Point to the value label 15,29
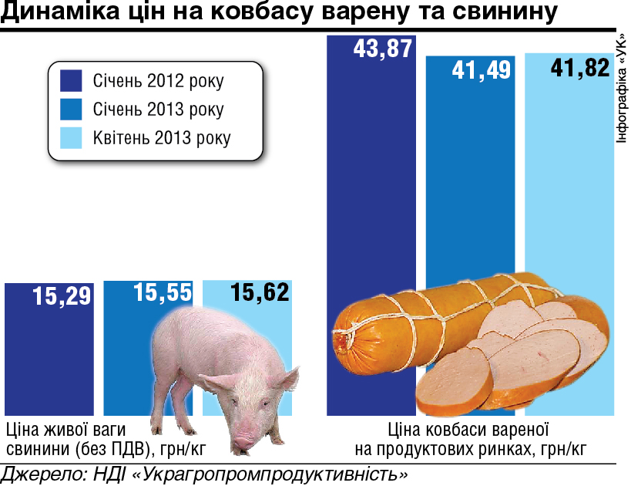[62, 295]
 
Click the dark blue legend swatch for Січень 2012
[71, 80]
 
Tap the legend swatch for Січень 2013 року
[71, 109]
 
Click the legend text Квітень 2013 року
[162, 138]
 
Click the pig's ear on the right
[283, 379]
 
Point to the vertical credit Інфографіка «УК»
[623, 89]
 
